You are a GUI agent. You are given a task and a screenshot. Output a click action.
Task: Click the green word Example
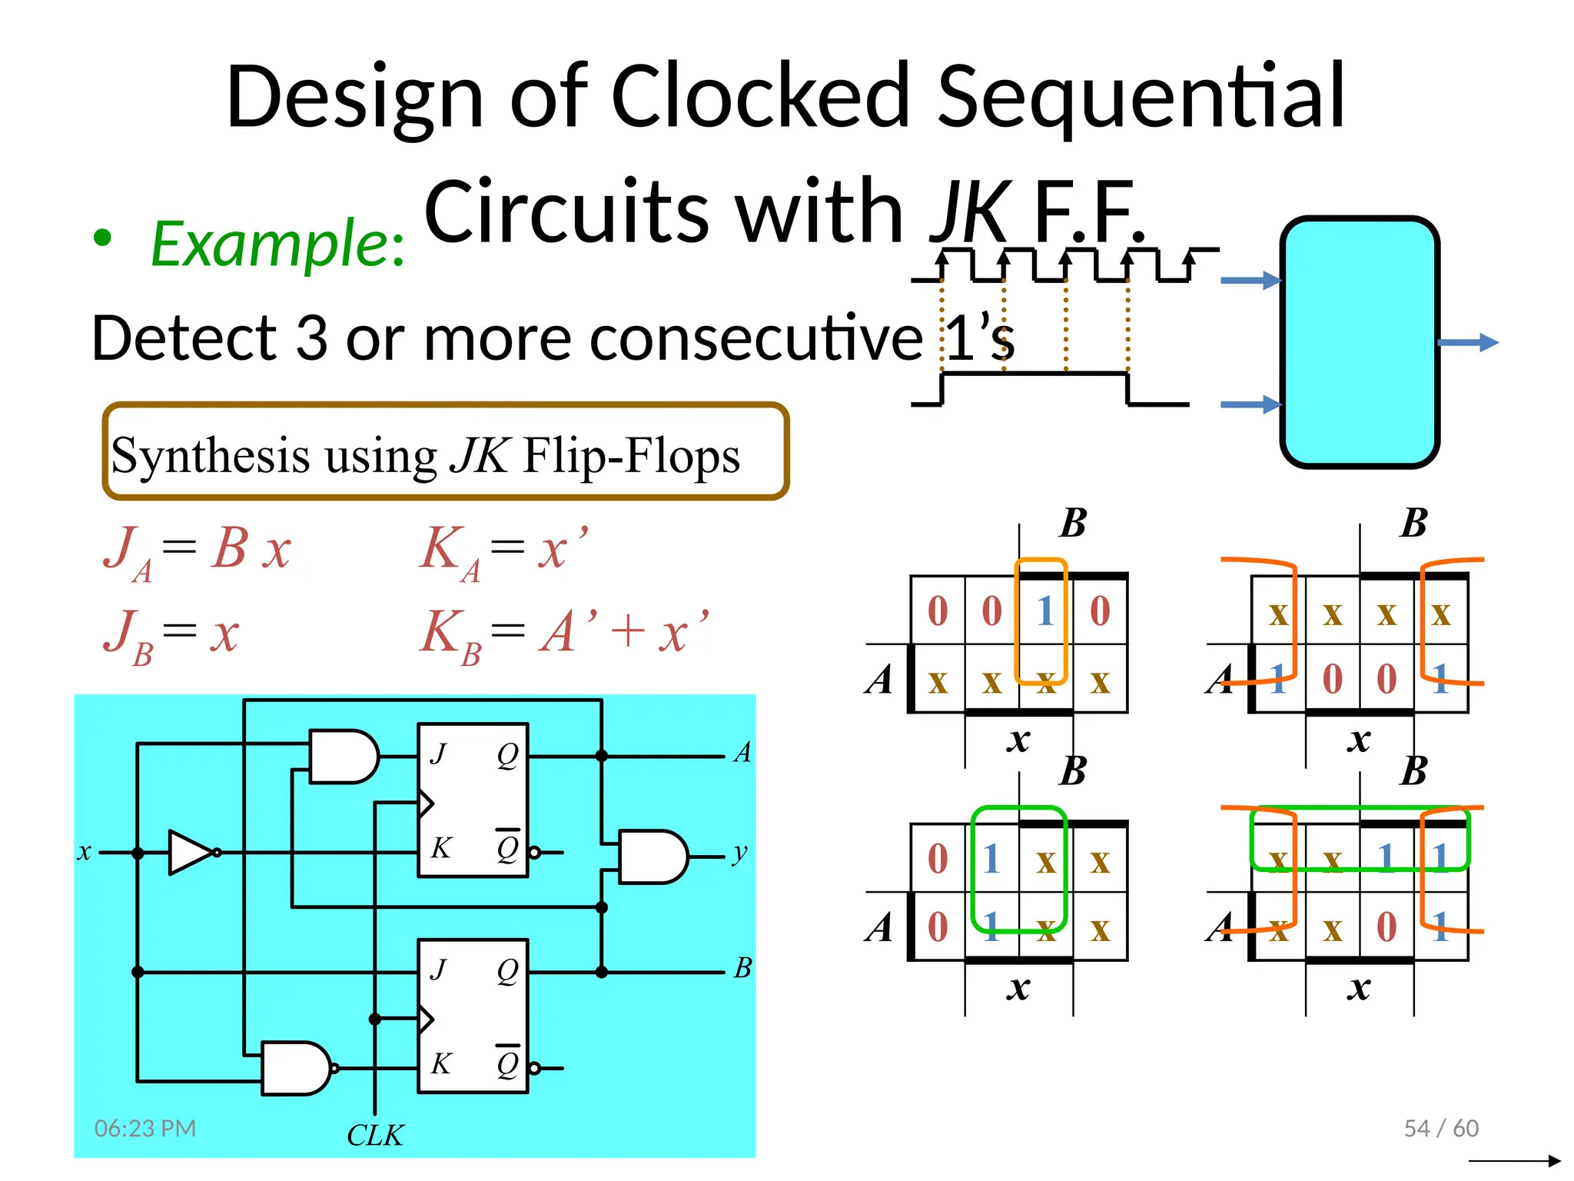(277, 245)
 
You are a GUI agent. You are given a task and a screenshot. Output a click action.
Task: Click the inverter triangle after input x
(190, 852)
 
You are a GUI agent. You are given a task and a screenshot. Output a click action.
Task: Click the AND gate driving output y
(652, 857)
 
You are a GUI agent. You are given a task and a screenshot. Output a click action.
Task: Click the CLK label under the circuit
(375, 1135)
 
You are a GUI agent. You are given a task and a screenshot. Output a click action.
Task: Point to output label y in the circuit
(740, 852)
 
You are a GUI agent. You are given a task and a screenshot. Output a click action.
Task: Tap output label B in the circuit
(742, 967)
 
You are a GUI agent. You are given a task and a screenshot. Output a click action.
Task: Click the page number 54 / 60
(1440, 1128)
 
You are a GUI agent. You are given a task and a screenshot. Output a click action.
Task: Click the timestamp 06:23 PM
(145, 1128)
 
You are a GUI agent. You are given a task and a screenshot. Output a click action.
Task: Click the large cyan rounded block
(1359, 342)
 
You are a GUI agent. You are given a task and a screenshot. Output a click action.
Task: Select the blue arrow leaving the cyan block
(1468, 342)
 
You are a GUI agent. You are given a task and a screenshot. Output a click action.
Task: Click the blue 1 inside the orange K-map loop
(1044, 612)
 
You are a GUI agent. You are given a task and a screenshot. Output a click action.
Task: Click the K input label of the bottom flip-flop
(440, 1063)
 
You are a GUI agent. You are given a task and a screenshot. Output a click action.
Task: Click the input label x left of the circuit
(85, 852)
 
